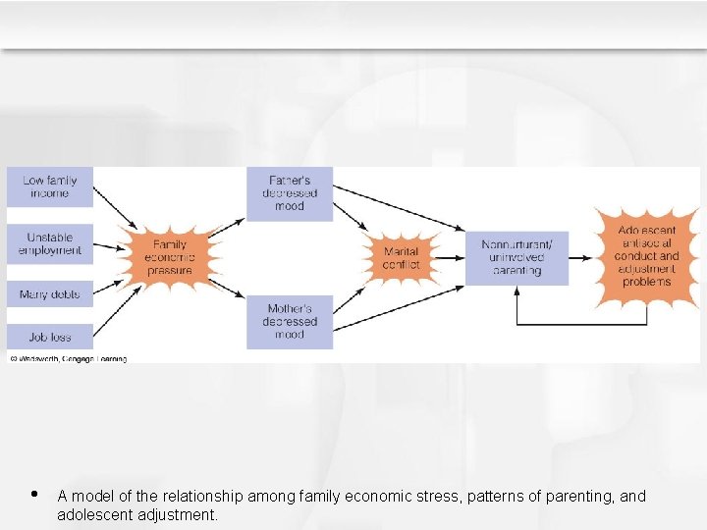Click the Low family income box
(x=50, y=186)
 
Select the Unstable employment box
(x=50, y=244)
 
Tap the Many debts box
(x=50, y=293)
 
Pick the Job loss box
(x=50, y=337)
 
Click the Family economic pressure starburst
(x=170, y=257)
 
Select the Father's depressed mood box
(x=290, y=193)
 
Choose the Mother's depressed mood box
(x=290, y=322)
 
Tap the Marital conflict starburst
(x=401, y=258)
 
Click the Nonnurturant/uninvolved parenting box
(x=517, y=257)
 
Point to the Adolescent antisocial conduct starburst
(x=646, y=256)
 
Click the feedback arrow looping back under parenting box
(x=579, y=323)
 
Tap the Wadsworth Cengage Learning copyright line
(x=68, y=359)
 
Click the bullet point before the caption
(x=34, y=495)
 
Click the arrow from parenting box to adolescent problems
(x=584, y=257)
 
